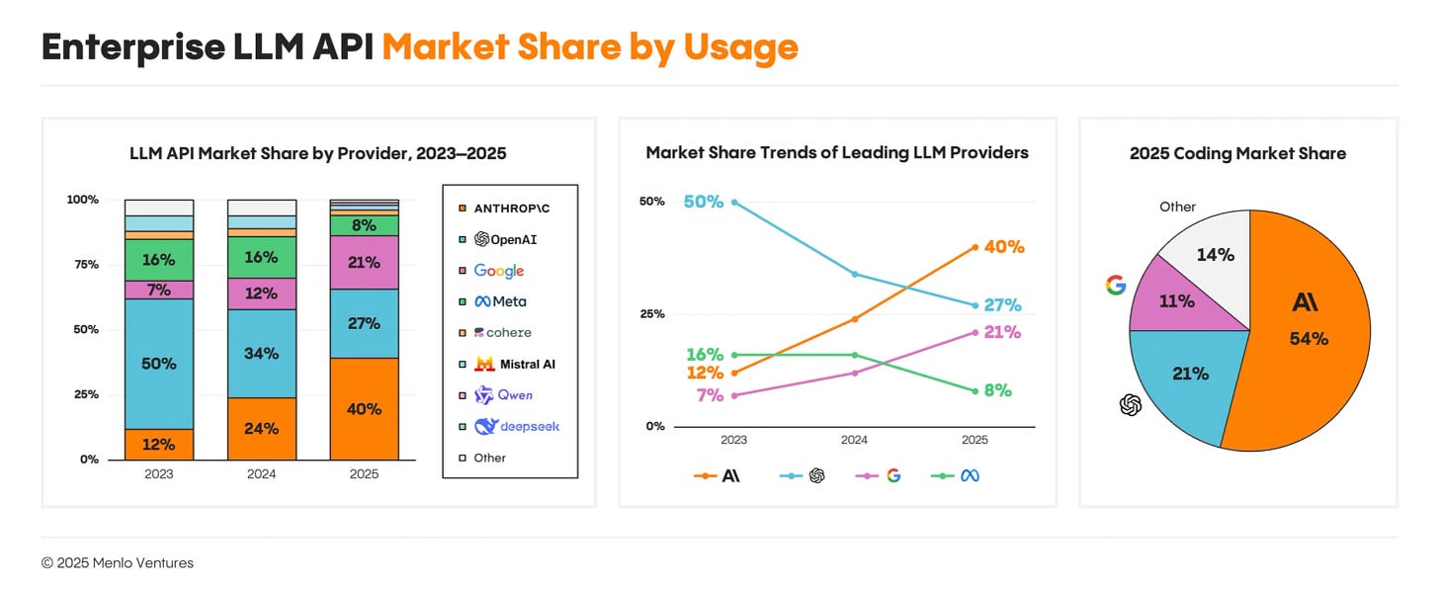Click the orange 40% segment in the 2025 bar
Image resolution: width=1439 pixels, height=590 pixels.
coord(364,409)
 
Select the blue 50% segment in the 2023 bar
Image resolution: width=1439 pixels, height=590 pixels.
coord(158,364)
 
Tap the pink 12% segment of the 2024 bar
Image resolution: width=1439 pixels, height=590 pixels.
coord(261,294)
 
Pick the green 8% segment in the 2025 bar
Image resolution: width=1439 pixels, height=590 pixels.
coord(364,225)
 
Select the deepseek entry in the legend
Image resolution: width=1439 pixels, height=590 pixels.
coord(515,427)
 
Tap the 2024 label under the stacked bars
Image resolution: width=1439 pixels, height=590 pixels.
coord(261,474)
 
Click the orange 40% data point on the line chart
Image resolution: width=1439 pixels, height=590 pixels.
coord(974,247)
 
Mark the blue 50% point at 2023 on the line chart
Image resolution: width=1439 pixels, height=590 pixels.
coord(732,202)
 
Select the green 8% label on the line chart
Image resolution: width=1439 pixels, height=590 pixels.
coord(997,390)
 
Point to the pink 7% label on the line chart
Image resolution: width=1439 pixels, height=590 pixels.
coord(710,395)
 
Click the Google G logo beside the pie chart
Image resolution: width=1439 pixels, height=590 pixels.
coord(1116,286)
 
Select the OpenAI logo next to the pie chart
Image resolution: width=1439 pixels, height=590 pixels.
coord(1131,404)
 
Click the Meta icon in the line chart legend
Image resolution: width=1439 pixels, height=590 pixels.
coord(970,476)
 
